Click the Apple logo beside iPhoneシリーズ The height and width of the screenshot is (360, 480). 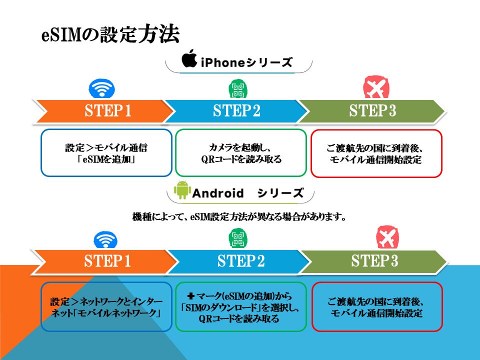tap(189, 58)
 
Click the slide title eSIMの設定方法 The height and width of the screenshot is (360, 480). tap(109, 34)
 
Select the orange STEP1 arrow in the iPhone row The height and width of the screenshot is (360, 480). tap(105, 111)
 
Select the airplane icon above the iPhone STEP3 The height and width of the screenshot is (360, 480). tap(376, 89)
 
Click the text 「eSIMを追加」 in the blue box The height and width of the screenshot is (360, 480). tap(106, 160)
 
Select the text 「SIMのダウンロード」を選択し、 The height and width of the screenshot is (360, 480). tap(240, 308)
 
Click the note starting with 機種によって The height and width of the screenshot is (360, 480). tap(239, 217)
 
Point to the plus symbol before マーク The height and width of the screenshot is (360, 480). tap(191, 296)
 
